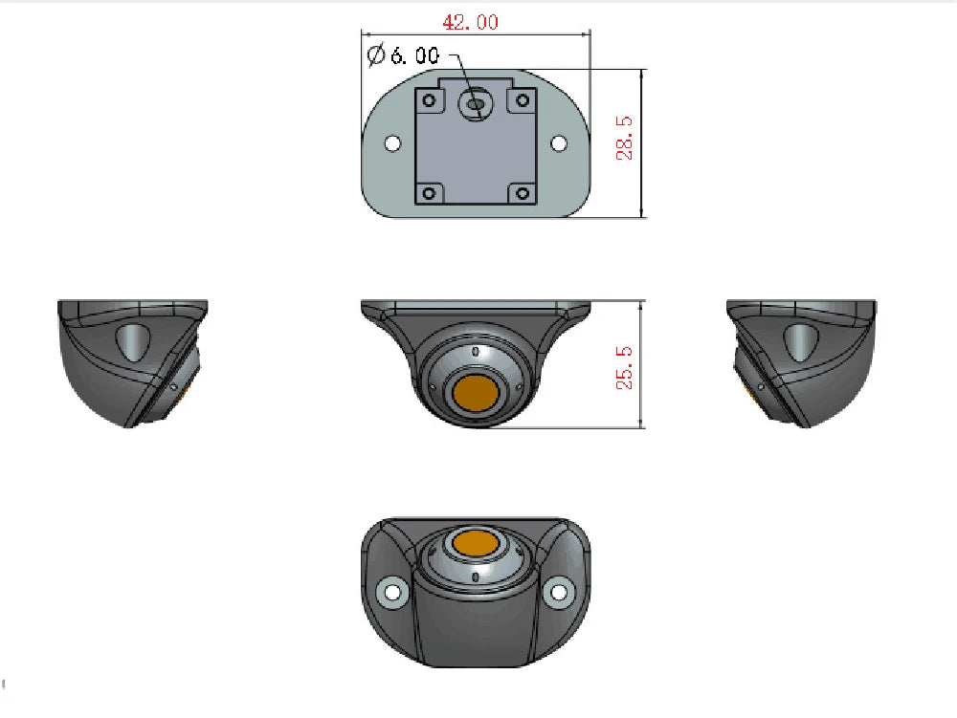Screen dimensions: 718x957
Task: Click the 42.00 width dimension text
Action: [x=469, y=22]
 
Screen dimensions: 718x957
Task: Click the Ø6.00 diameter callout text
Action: [x=403, y=54]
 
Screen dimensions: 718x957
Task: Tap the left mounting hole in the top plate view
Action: [x=391, y=143]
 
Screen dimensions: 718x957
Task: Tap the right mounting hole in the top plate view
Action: [x=560, y=143]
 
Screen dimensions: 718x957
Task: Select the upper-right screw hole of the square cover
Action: [x=523, y=99]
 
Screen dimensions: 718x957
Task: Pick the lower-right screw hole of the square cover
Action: [x=523, y=193]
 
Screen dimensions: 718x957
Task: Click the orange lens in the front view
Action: [x=476, y=392]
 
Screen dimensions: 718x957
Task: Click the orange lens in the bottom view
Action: [x=476, y=544]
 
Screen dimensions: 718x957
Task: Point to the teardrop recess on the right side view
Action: [x=801, y=340]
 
